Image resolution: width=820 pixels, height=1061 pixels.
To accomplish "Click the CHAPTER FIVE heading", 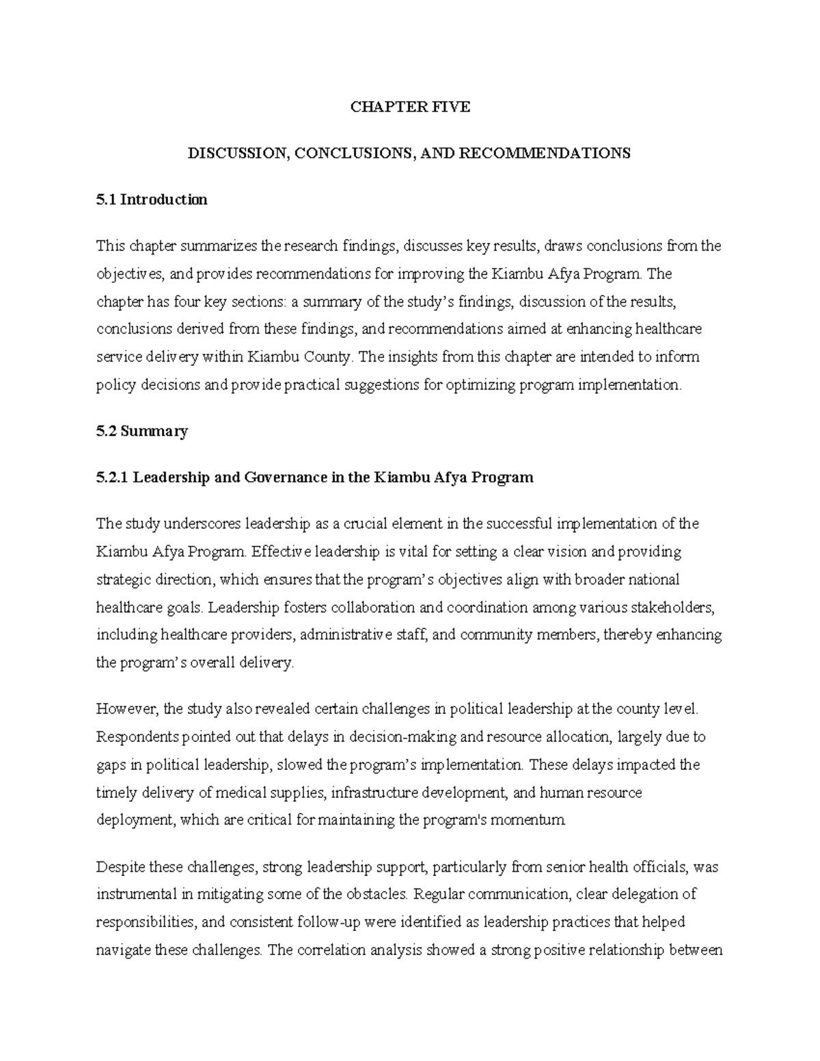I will coord(410,107).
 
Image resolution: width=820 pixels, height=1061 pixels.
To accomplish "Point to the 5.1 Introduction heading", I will coord(152,199).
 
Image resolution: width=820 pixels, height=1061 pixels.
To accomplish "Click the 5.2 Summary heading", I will coord(142,431).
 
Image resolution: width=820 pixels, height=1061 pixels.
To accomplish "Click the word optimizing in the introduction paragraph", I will coord(480,385).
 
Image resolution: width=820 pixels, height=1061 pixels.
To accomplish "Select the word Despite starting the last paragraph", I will coord(121,867).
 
